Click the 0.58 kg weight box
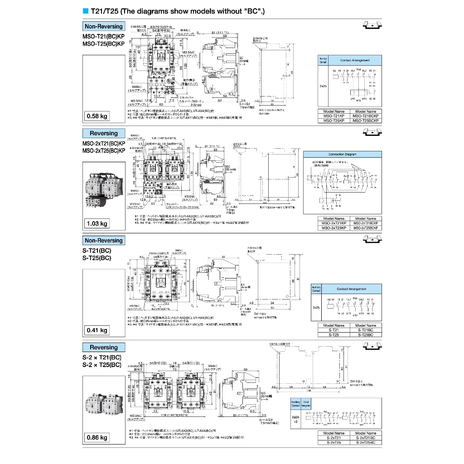pyautogui.click(x=97, y=116)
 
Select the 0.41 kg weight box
pyautogui.click(x=97, y=330)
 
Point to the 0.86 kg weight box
pyautogui.click(x=97, y=437)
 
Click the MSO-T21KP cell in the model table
pyautogui.click(x=333, y=116)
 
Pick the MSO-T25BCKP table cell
pyautogui.click(x=366, y=121)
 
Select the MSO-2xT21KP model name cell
pyautogui.click(x=333, y=223)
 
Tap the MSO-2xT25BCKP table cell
pyautogui.click(x=366, y=228)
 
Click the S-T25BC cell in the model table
pyautogui.click(x=366, y=335)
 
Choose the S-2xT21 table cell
pyautogui.click(x=333, y=437)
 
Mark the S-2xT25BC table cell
pyautogui.click(x=366, y=442)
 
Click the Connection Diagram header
pyautogui.click(x=342, y=154)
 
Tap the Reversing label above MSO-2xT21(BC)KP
pyautogui.click(x=103, y=133)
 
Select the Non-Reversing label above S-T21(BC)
pyautogui.click(x=103, y=241)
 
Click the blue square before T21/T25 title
pyautogui.click(x=85, y=11)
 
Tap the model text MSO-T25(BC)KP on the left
pyautogui.click(x=103, y=44)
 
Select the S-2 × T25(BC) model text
pyautogui.click(x=102, y=365)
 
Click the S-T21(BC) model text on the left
pyautogui.click(x=97, y=251)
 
